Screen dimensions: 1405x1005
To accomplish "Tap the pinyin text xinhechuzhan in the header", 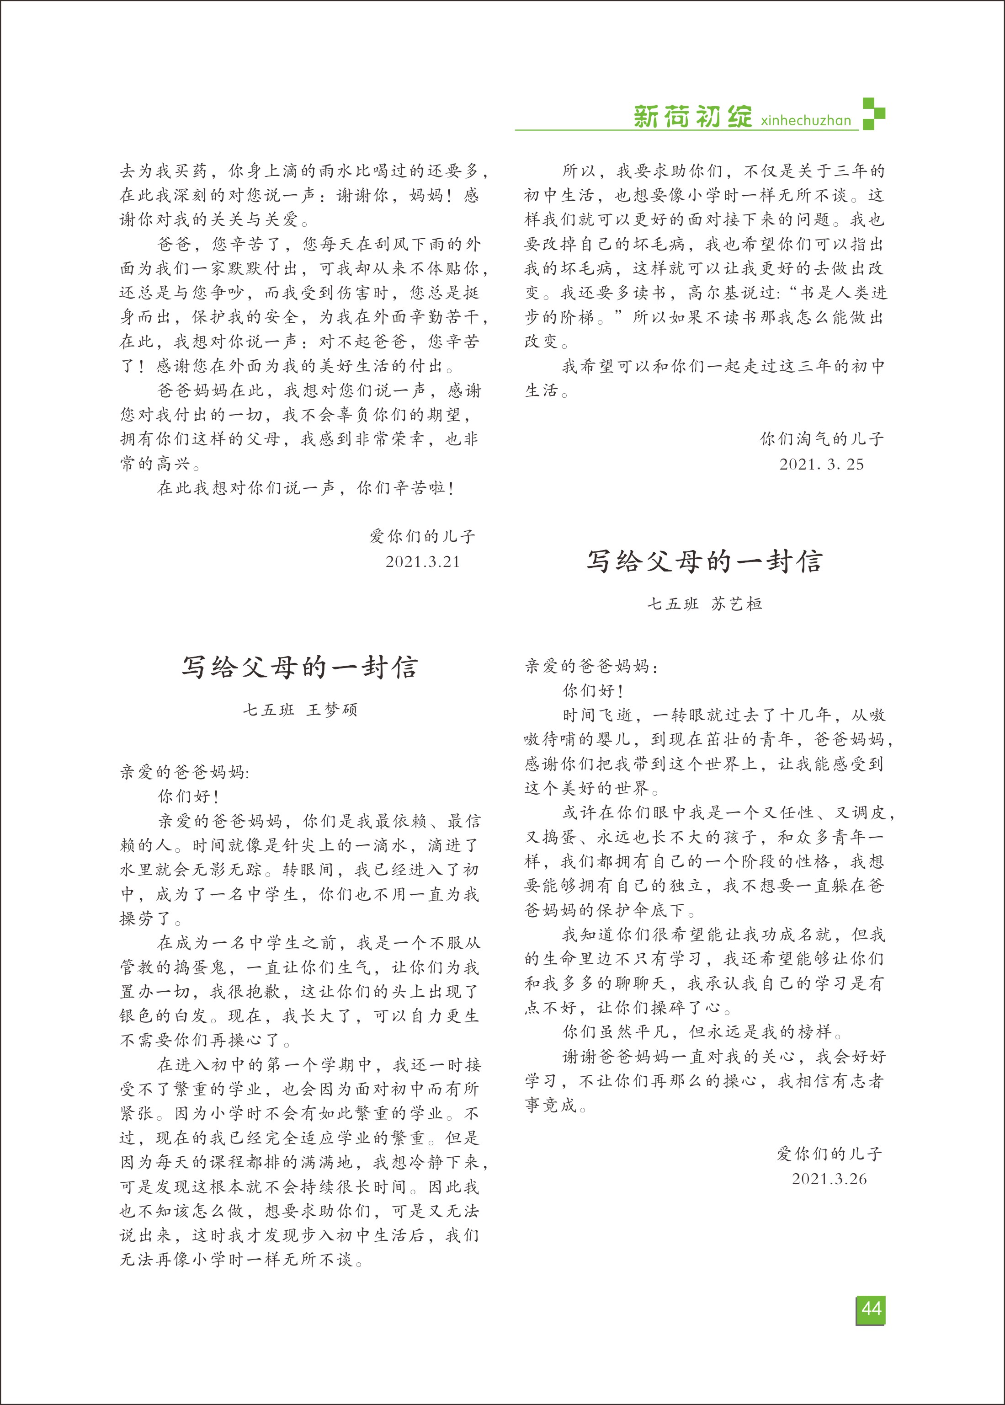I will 806,120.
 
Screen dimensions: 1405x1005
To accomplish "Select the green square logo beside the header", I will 873,113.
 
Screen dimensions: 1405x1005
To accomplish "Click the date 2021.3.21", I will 423,561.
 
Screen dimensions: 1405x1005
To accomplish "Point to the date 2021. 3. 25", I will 821,464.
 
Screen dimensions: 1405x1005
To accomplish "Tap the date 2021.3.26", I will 829,1179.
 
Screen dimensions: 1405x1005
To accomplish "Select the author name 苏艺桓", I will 736,604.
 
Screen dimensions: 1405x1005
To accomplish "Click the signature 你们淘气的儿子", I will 822,439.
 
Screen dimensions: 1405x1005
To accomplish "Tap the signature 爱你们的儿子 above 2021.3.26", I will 829,1153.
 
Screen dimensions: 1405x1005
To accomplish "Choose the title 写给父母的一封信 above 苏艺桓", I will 704,561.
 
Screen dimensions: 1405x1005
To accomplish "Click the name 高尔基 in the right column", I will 713,293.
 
